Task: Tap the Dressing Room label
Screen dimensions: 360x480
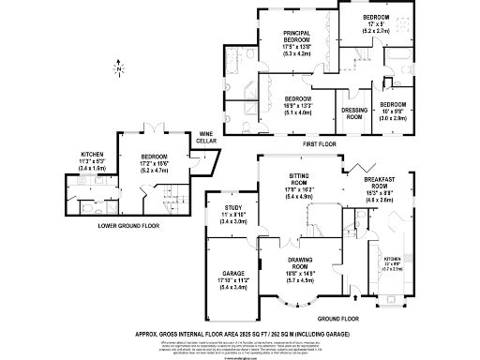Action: click(x=352, y=112)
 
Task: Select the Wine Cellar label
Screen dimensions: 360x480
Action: click(x=207, y=138)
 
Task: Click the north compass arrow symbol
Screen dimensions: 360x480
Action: click(x=120, y=67)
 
